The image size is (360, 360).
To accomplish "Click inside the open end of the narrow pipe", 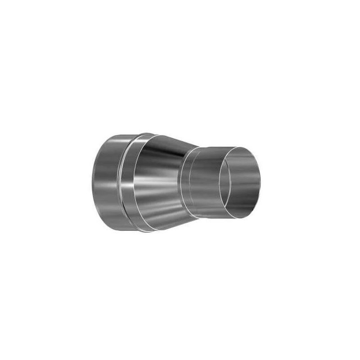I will (239, 182).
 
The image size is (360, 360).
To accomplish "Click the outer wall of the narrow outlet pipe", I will (205, 182).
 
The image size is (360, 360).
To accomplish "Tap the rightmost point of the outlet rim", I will (260, 182).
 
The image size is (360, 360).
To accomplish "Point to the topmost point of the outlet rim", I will (241, 146).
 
